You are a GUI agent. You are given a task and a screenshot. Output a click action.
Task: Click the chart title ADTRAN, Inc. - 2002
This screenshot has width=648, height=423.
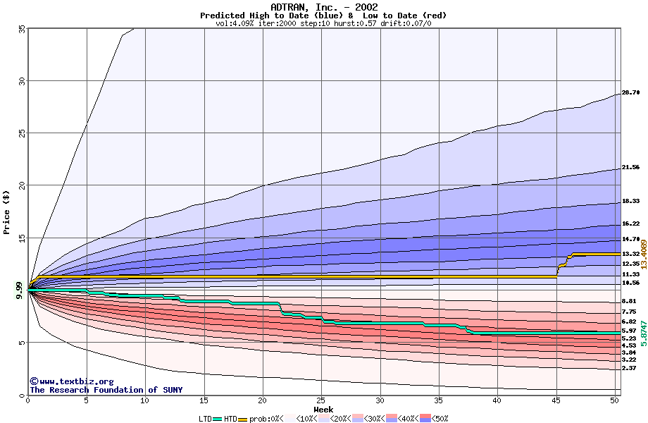[323, 7]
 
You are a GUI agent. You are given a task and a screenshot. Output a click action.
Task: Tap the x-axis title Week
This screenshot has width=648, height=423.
[323, 410]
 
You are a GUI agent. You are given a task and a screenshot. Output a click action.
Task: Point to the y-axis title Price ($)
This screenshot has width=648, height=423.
[6, 211]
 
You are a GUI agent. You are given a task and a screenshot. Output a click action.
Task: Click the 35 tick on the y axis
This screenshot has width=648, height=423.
[21, 28]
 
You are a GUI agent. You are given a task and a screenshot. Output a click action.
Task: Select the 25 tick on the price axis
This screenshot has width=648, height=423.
[21, 133]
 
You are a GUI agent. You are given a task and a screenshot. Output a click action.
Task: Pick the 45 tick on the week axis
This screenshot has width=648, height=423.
[556, 400]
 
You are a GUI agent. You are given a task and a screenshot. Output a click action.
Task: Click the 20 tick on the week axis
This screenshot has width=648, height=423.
[263, 400]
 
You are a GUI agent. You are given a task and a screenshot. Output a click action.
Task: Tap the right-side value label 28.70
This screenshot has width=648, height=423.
[630, 92]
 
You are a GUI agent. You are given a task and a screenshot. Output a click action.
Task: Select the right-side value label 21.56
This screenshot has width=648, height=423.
[630, 168]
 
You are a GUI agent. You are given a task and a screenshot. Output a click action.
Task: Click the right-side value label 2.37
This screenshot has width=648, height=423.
[629, 368]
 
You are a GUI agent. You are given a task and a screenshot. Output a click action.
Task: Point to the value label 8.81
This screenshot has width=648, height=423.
[629, 301]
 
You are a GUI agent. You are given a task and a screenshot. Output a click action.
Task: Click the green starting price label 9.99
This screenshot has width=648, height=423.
[20, 290]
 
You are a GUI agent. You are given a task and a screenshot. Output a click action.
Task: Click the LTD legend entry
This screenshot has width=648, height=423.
[207, 418]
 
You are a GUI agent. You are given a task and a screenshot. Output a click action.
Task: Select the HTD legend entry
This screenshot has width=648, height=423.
[230, 418]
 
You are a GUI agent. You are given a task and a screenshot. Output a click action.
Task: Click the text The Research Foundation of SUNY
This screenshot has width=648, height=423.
[106, 390]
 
